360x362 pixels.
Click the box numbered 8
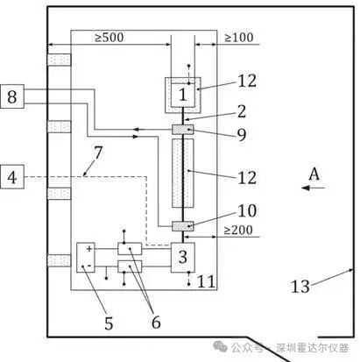12,96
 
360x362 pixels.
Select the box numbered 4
12,177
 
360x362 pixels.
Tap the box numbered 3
183,258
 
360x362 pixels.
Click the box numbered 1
183,95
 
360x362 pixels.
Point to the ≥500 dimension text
109,38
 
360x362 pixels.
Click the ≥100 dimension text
238,38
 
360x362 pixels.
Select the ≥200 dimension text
238,231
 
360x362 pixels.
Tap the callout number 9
242,135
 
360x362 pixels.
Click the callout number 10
247,210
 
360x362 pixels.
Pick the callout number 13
300,287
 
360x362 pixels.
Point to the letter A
314,174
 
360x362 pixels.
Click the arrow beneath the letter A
313,188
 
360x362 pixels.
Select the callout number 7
98,153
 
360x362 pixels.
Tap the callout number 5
109,323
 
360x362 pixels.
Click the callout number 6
156,322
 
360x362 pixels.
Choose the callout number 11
207,281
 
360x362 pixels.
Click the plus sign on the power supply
89,249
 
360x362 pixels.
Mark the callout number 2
242,111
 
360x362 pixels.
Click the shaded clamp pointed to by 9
183,130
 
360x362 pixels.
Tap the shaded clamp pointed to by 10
183,226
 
